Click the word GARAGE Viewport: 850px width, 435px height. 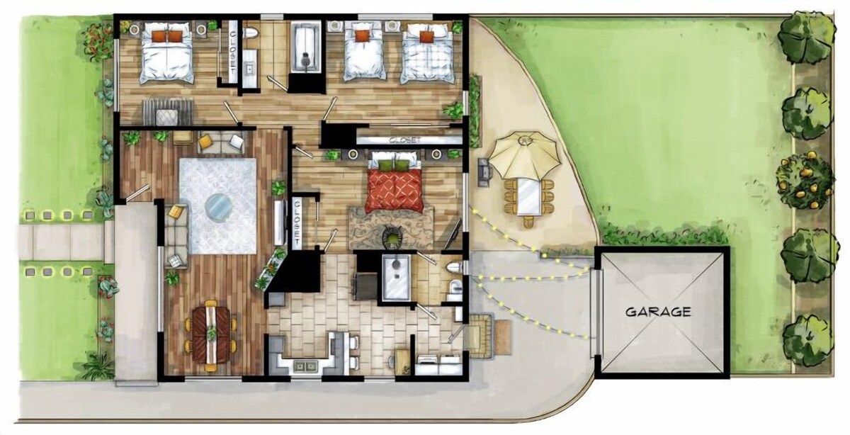click(x=658, y=312)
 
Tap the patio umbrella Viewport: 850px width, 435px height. click(x=525, y=155)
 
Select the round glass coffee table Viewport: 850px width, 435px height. click(x=218, y=207)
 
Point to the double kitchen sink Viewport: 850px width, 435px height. click(x=305, y=366)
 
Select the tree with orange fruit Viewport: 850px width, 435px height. click(x=805, y=180)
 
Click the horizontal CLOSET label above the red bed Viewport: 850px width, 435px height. click(x=405, y=140)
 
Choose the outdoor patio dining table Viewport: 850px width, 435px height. click(x=529, y=197)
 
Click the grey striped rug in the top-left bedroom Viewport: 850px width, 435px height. click(x=168, y=112)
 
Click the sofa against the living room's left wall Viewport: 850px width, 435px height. click(x=176, y=236)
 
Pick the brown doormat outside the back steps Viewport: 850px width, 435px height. click(x=502, y=337)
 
